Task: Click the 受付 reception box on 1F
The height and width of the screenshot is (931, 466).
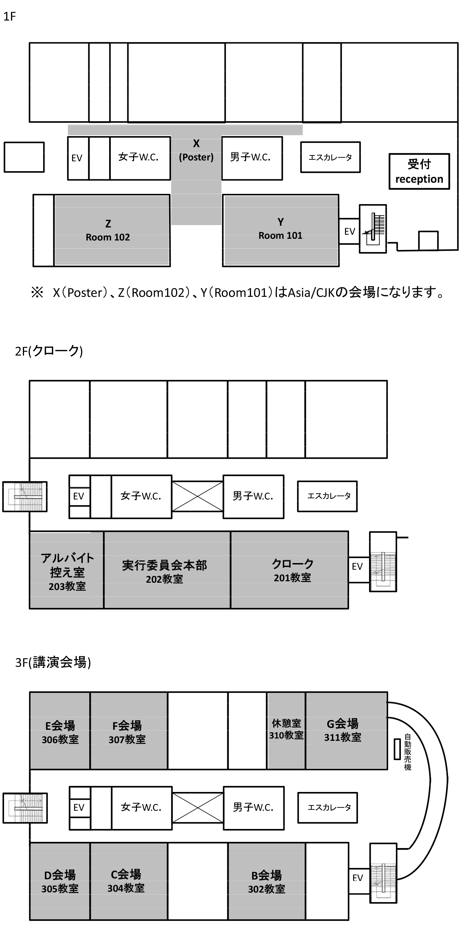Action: tap(419, 171)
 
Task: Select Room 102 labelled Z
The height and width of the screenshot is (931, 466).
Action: tap(112, 231)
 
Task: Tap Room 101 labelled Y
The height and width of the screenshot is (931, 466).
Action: tap(281, 231)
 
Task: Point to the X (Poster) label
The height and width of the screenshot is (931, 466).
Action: tap(196, 150)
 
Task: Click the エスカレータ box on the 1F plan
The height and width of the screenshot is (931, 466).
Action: tap(330, 157)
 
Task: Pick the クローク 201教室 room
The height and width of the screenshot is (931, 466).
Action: tap(289, 570)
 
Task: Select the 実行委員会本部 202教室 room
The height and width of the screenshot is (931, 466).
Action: tap(167, 570)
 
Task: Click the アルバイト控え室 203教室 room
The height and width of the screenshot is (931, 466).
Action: tap(67, 570)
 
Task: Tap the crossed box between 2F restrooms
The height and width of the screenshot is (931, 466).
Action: tap(197, 496)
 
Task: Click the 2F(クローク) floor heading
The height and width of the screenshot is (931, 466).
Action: tap(49, 351)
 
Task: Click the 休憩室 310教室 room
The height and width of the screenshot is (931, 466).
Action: tap(286, 731)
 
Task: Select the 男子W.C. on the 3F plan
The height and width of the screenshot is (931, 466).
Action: tap(254, 808)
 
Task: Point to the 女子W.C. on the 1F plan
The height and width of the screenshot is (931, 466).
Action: tap(140, 158)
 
